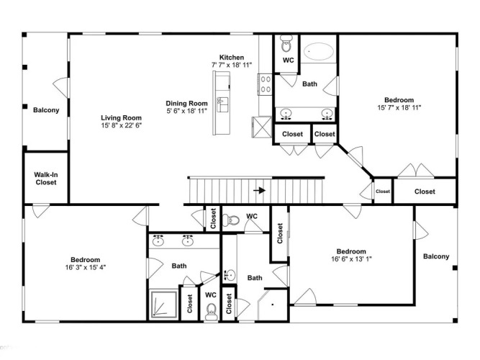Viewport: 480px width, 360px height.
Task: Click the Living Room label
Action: [121, 117]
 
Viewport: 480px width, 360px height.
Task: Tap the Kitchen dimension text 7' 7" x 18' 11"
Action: [232, 65]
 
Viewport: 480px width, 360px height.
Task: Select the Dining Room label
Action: [186, 103]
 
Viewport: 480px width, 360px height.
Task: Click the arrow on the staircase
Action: [260, 190]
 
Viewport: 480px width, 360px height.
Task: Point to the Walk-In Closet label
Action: [46, 179]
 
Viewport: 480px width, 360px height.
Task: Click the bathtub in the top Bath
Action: [319, 51]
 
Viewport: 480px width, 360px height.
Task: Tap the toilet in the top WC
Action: [286, 44]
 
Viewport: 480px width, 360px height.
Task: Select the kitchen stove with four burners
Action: [265, 84]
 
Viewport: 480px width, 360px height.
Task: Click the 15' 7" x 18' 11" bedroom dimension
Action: [399, 107]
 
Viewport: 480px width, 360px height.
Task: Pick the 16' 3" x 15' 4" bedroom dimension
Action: [86, 267]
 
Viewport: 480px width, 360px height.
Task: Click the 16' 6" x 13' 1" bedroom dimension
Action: [351, 259]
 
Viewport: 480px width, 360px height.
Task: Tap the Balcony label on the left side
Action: [46, 110]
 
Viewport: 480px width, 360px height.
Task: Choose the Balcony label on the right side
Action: [436, 256]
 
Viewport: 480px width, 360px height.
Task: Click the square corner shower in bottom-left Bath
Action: [164, 305]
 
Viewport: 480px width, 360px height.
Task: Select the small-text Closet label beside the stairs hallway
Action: [383, 192]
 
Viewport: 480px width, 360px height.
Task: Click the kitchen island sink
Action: [222, 104]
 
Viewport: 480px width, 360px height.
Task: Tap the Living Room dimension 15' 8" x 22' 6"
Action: [122, 125]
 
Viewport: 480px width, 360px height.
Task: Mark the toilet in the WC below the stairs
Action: [231, 220]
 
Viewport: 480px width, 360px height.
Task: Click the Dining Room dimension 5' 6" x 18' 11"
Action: [186, 111]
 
